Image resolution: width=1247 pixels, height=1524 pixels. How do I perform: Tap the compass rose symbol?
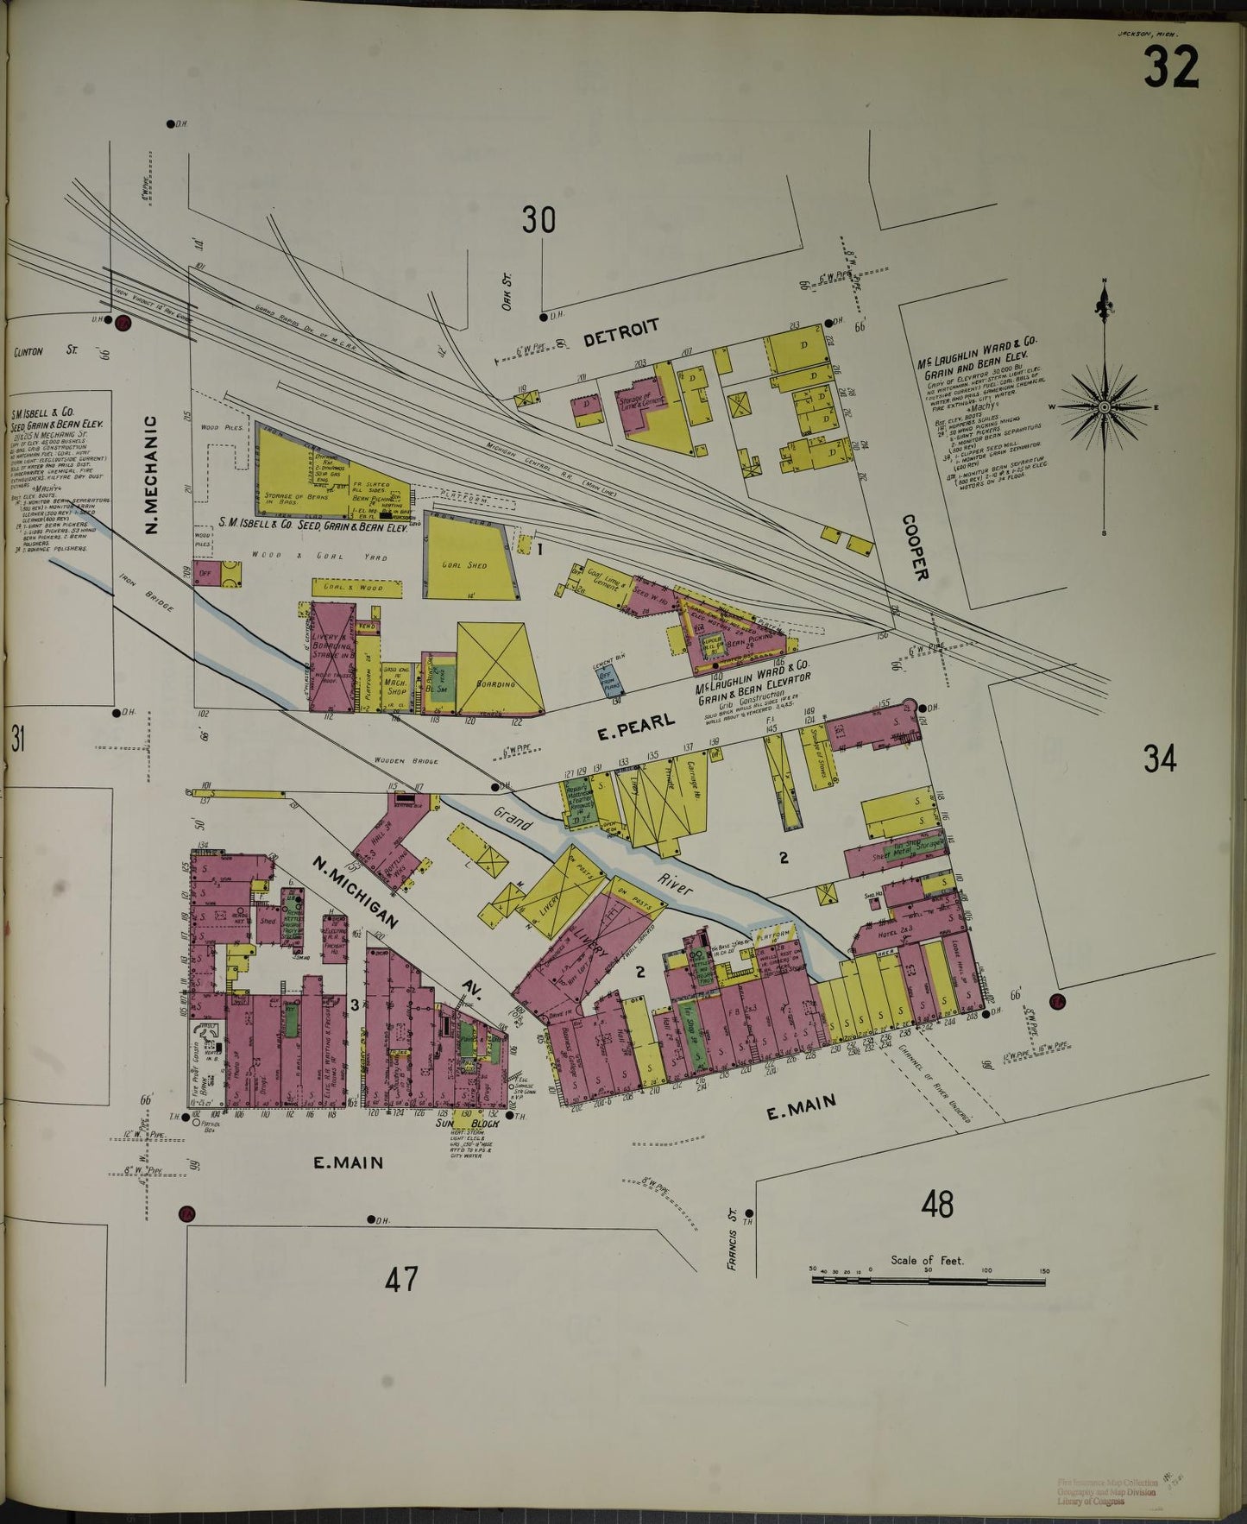(1104, 406)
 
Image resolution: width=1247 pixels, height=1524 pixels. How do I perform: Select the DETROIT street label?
(621, 331)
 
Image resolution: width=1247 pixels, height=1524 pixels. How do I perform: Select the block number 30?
(538, 221)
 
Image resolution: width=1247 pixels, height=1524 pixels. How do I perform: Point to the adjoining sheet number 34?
(1160, 759)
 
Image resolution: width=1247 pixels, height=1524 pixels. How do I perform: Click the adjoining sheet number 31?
(18, 740)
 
